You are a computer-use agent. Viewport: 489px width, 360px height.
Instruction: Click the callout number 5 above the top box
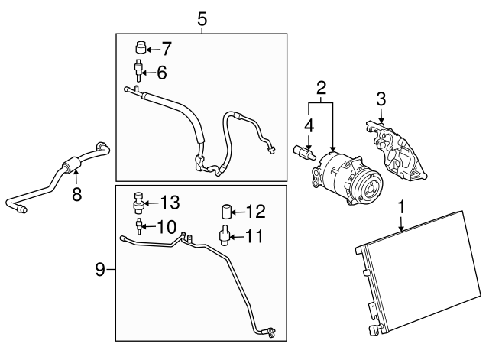click(x=202, y=19)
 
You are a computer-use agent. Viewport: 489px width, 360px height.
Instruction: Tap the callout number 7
click(x=166, y=49)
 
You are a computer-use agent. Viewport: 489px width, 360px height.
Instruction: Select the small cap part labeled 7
click(x=141, y=47)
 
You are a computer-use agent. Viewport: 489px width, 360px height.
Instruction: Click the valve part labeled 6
click(x=138, y=71)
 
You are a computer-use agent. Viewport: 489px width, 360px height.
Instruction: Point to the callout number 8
click(x=76, y=194)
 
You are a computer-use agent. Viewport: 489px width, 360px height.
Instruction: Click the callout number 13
click(x=170, y=203)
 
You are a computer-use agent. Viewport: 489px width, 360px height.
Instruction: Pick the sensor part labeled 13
click(x=138, y=203)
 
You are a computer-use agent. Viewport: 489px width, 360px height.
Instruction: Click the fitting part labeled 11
click(x=224, y=236)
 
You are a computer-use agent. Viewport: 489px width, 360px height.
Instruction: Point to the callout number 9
click(x=100, y=269)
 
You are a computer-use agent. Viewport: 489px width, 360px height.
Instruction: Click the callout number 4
click(x=309, y=126)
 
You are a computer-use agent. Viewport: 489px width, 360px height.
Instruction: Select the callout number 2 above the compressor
click(x=321, y=89)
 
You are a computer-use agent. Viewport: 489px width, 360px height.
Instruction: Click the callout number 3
click(x=381, y=99)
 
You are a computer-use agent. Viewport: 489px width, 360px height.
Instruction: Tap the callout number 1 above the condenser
click(x=402, y=207)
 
